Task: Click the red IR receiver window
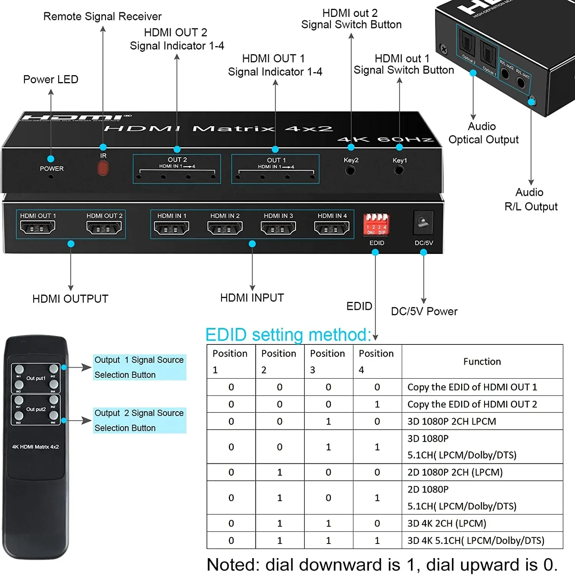[103, 168]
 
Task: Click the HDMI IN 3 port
[278, 228]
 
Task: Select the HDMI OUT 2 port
[104, 228]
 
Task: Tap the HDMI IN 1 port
[171, 228]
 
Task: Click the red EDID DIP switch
[376, 224]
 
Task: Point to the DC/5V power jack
[423, 222]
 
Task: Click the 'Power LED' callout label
[51, 79]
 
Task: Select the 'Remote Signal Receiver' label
[102, 16]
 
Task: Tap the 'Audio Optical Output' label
[483, 133]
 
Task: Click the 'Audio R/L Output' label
[531, 199]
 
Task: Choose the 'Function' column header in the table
[482, 361]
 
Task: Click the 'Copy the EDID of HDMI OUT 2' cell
[472, 404]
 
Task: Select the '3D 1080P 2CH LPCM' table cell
[452, 421]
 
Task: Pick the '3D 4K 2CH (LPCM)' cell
[447, 523]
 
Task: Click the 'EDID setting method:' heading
[288, 334]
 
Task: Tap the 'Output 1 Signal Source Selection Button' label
[139, 367]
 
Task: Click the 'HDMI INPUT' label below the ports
[252, 298]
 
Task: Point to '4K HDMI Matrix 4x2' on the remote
[35, 447]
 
